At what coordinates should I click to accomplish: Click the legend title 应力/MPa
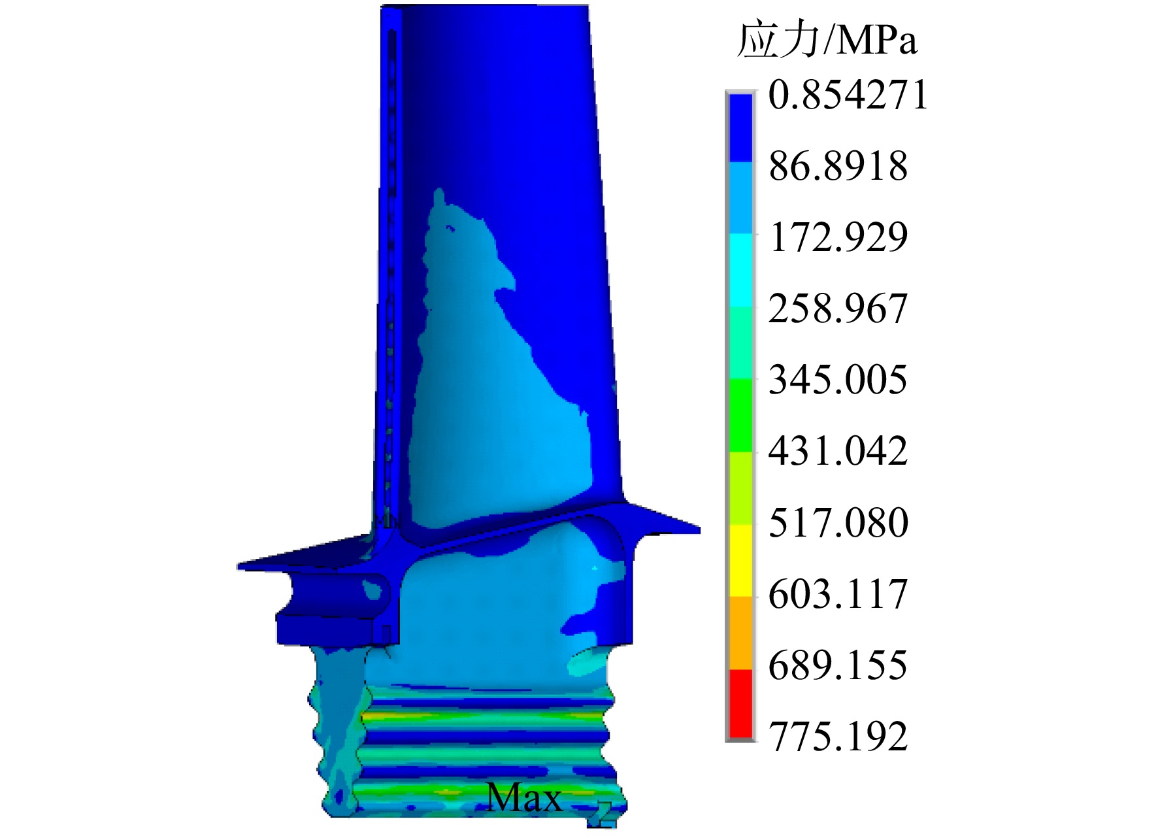(x=827, y=41)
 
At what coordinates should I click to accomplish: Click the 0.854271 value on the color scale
(x=848, y=95)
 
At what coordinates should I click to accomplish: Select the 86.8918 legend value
(x=838, y=166)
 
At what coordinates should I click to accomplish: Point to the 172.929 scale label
(x=838, y=237)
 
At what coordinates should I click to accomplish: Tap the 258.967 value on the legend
(x=838, y=309)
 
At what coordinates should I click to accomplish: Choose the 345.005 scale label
(x=838, y=380)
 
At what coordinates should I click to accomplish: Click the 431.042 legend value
(x=838, y=451)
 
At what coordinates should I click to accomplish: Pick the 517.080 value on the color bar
(x=838, y=523)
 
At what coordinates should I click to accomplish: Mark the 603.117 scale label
(x=838, y=594)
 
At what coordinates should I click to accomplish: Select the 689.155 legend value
(x=838, y=665)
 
